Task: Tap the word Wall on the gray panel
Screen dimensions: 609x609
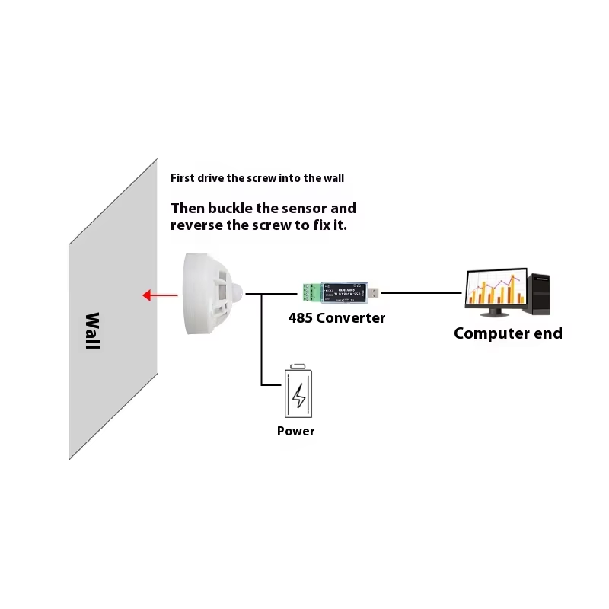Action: pos(92,330)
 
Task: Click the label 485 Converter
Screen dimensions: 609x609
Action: pos(336,317)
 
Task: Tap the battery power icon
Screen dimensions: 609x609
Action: pos(298,391)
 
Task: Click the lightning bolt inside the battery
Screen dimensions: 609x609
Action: pos(299,395)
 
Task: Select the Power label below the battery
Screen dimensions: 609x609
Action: pos(296,431)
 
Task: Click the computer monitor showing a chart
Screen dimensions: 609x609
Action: pos(496,289)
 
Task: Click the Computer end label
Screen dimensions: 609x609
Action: pos(508,333)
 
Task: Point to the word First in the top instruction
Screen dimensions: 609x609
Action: pos(182,178)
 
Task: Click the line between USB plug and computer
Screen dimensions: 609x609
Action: pos(422,292)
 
